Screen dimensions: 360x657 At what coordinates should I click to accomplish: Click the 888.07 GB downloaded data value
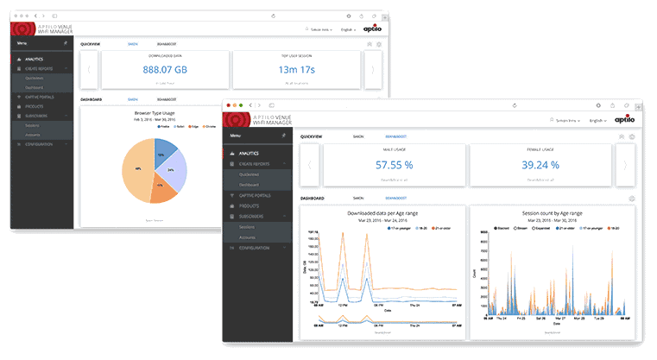(x=166, y=70)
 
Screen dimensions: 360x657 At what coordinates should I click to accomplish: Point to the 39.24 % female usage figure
(x=550, y=164)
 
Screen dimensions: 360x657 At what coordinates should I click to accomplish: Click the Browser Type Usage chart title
(x=155, y=112)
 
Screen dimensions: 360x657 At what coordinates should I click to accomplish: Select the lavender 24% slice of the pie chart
(x=170, y=170)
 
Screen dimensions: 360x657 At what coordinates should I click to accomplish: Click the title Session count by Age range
(x=552, y=212)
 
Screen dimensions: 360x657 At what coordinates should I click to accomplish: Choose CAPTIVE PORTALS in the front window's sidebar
(x=259, y=195)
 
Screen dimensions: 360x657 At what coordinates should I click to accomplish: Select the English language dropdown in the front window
(x=596, y=120)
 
